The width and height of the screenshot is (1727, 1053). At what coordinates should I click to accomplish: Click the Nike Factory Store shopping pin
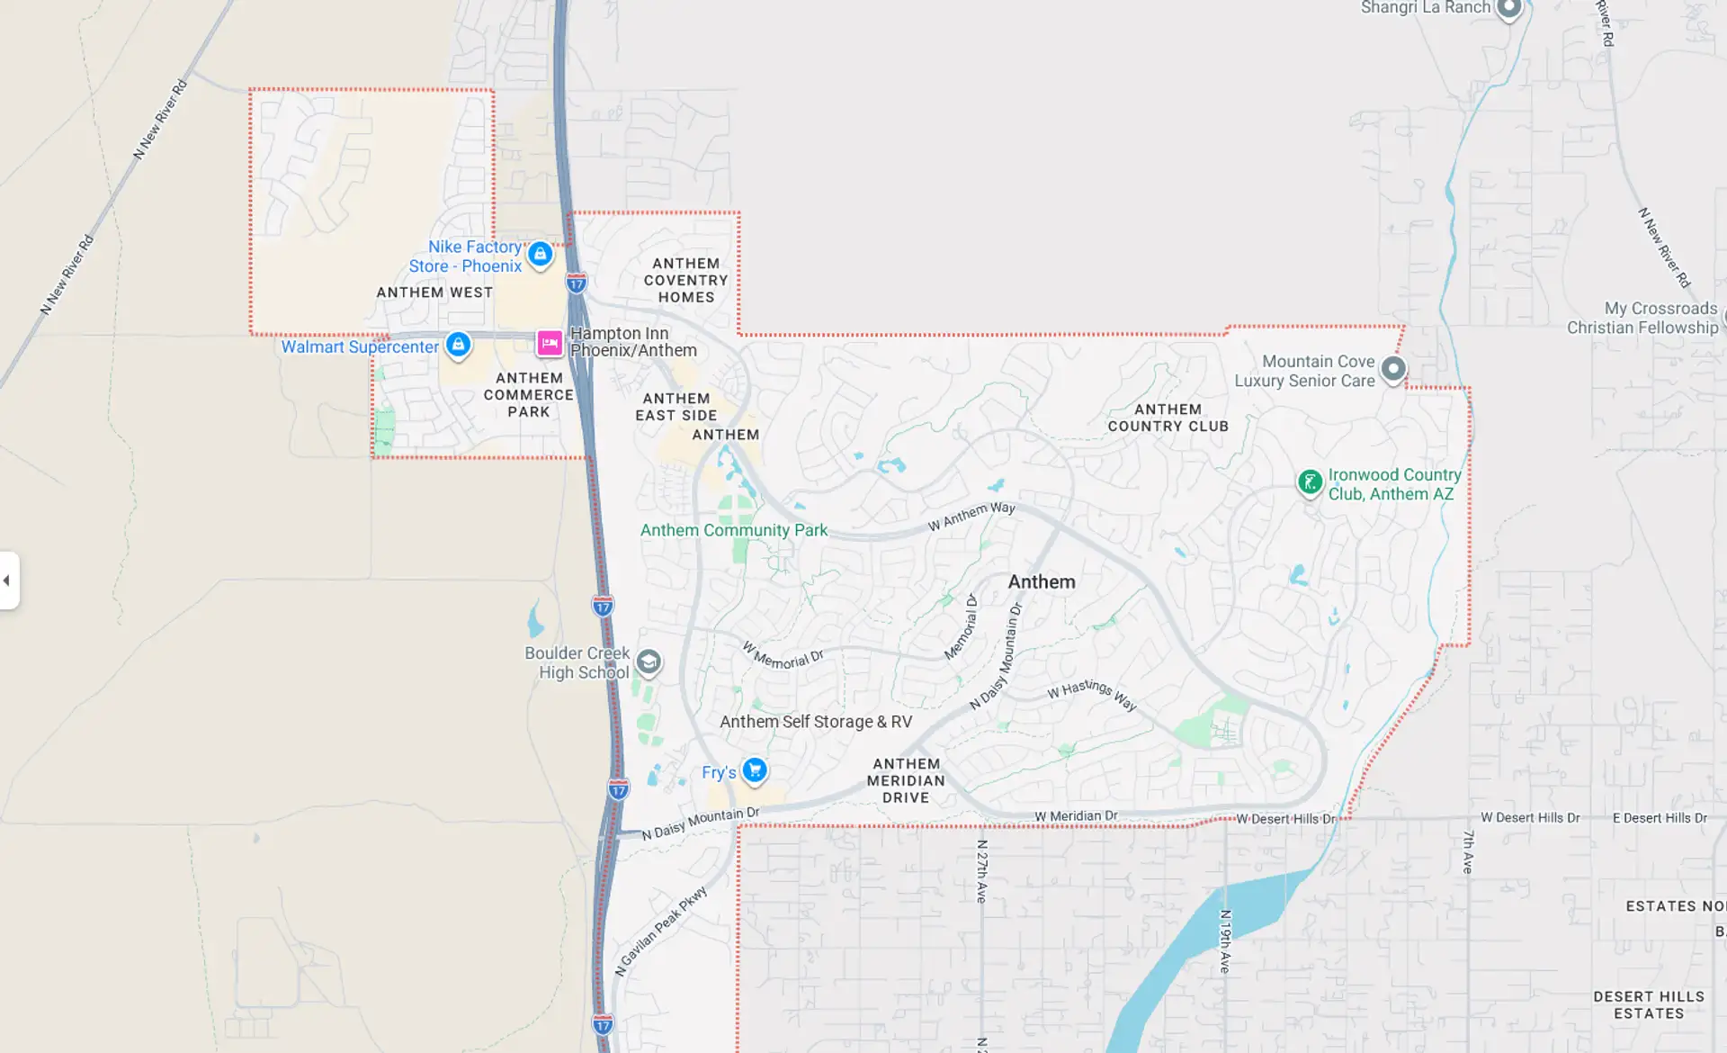540,255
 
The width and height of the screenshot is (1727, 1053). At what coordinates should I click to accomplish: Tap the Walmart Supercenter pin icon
458,345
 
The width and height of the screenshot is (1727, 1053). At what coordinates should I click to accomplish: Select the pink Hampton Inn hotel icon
550,343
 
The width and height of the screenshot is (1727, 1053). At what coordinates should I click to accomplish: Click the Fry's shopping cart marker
755,770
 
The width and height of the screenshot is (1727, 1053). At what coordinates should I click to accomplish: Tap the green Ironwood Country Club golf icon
1310,482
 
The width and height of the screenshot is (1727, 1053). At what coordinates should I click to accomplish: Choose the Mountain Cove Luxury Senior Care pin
1393,369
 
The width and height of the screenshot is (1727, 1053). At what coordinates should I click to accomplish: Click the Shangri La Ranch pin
1509,9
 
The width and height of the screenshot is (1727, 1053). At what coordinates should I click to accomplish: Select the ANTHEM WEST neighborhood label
434,292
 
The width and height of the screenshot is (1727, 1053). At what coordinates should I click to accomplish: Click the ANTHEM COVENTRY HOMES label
685,280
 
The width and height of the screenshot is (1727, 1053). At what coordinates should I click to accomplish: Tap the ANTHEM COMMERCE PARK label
529,395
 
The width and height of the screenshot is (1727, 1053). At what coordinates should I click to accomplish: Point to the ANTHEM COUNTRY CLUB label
1168,418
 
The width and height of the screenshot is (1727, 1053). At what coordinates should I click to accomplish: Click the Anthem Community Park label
733,530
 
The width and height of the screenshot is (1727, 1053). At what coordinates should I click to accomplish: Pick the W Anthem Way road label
971,516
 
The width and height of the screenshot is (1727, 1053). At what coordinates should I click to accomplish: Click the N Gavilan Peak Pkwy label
661,931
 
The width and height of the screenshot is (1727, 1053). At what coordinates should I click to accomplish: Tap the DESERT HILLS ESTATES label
1649,1004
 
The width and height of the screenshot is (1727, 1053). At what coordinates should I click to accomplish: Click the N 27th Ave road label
982,871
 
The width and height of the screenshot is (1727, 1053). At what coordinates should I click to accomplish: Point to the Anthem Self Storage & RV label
816,722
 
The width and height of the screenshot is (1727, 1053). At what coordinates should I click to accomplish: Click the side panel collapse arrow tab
8,580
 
